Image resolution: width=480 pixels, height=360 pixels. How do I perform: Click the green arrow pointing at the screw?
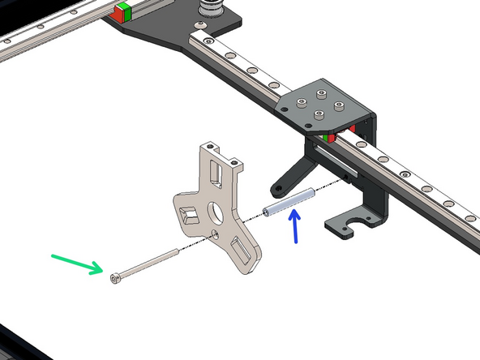click(x=77, y=264)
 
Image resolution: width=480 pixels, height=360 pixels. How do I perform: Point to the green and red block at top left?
click(x=123, y=13)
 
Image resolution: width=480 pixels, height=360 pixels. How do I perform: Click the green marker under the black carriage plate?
click(x=325, y=139)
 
